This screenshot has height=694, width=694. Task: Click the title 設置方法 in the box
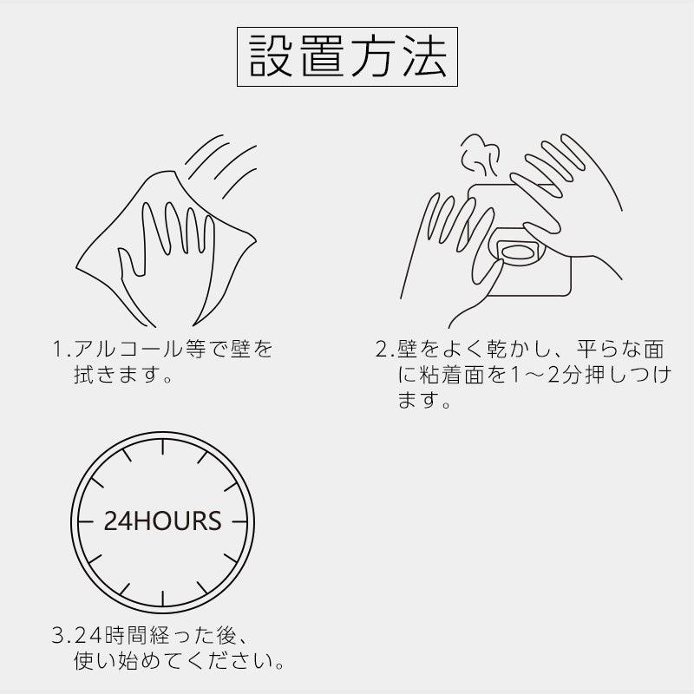pyautogui.click(x=347, y=57)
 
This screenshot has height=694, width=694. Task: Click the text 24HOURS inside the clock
pyautogui.click(x=162, y=521)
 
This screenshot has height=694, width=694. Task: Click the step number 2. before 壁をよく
pyautogui.click(x=385, y=350)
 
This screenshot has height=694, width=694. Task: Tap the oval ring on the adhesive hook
pyautogui.click(x=519, y=252)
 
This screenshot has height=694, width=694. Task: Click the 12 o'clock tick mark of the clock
pyautogui.click(x=162, y=450)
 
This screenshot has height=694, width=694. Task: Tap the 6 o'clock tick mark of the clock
pyautogui.click(x=162, y=594)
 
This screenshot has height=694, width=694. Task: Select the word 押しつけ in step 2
pyautogui.click(x=633, y=376)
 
